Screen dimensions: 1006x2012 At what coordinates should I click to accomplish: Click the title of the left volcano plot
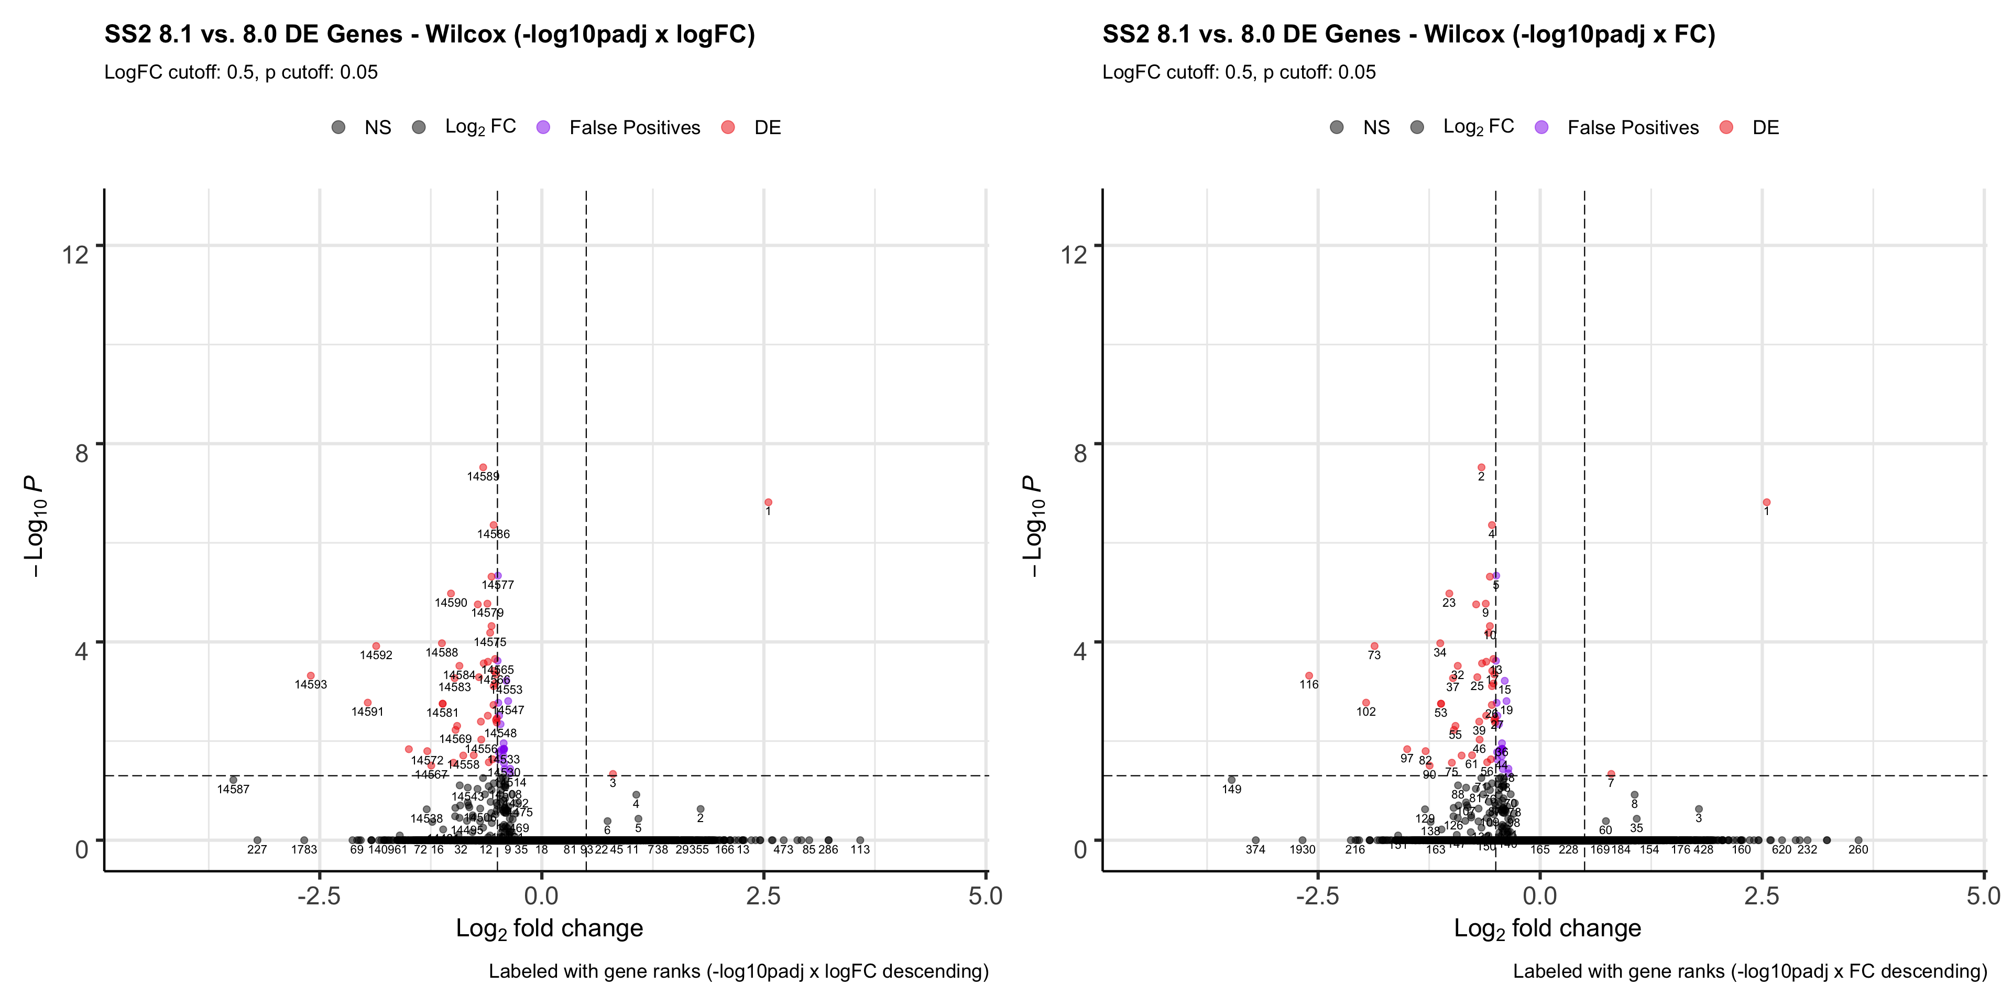(430, 35)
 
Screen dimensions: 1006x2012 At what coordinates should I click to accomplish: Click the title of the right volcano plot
(1408, 35)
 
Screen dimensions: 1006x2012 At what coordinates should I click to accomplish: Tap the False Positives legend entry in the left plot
(620, 127)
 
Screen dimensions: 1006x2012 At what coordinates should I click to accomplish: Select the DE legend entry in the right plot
(1749, 127)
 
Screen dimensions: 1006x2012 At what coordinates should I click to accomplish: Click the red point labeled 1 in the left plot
(769, 502)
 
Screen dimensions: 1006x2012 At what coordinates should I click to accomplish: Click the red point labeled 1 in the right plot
(1767, 502)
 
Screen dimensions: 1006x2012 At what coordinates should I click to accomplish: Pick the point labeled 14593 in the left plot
(311, 675)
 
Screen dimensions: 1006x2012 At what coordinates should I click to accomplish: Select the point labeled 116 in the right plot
(1309, 675)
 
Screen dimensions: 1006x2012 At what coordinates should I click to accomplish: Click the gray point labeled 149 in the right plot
(1232, 780)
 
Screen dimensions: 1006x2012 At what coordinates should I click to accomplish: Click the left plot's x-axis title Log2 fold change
(549, 928)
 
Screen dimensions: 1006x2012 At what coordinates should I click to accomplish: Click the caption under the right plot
(1749, 971)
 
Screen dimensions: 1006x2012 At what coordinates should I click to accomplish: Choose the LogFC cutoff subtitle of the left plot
(240, 73)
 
